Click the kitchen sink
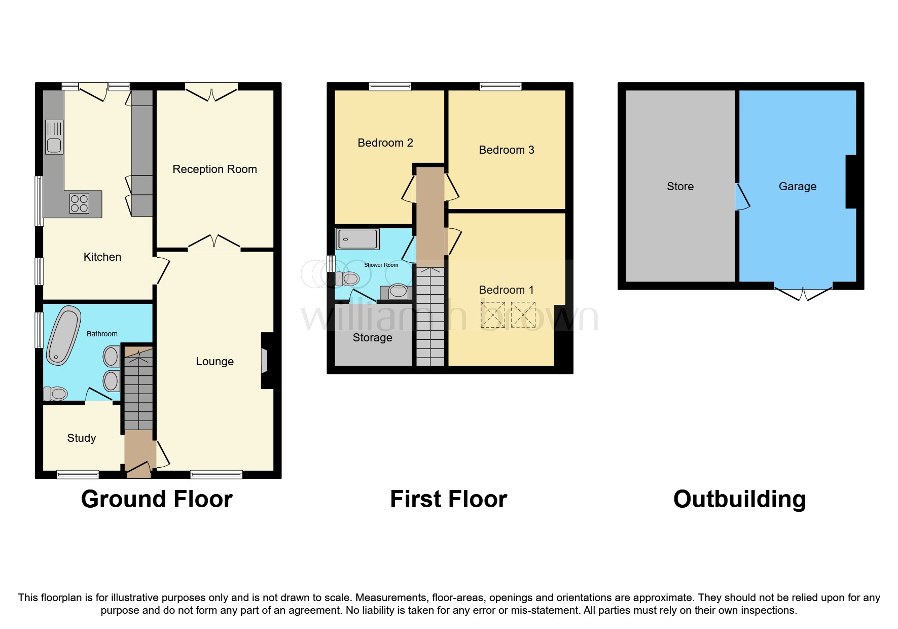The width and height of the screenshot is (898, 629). (x=54, y=137)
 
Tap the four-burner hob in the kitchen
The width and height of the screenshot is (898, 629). (x=79, y=203)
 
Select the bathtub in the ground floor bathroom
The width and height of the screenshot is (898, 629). (x=63, y=335)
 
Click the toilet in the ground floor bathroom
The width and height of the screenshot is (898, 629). (x=55, y=394)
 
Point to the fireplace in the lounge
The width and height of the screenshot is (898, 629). (x=265, y=361)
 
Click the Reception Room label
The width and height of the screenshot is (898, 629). (x=214, y=169)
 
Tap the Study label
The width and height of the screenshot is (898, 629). (x=82, y=438)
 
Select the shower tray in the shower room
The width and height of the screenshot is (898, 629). (x=357, y=238)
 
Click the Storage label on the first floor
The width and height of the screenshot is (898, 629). (x=372, y=338)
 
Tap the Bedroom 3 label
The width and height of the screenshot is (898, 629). (x=507, y=150)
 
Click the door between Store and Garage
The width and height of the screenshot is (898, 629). (x=742, y=197)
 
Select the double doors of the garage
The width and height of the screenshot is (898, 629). (x=803, y=293)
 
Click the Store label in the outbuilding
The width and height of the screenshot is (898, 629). (x=680, y=187)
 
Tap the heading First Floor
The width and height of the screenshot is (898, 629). (x=448, y=499)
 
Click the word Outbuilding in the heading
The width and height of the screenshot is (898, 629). (x=739, y=499)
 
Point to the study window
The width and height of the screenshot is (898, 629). (x=78, y=475)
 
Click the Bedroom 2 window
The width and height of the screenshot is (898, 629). (x=390, y=86)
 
